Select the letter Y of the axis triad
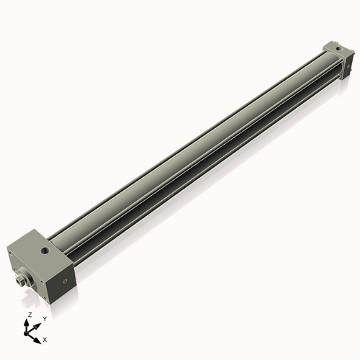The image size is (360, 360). (45, 318)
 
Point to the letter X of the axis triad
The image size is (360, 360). (45, 338)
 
